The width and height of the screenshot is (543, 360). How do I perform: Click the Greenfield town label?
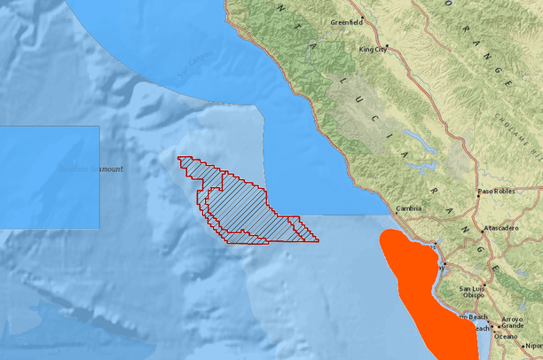(346, 21)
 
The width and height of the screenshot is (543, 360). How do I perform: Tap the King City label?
(373, 51)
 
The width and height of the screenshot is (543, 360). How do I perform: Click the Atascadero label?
(501, 229)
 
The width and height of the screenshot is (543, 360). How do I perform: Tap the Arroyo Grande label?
(512, 324)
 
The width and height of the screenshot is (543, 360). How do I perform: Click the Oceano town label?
(506, 336)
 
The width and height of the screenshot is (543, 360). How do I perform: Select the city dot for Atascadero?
(483, 230)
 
